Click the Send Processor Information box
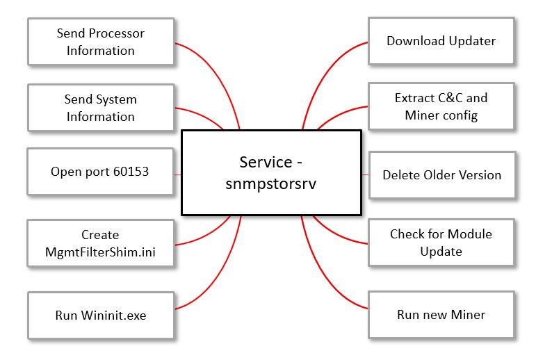pyautogui.click(x=101, y=42)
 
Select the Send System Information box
pyautogui.click(x=101, y=108)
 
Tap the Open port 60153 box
pyautogui.click(x=101, y=171)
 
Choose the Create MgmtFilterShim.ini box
pyautogui.click(x=101, y=243)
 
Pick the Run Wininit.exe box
pyautogui.click(x=101, y=315)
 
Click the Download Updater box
pyautogui.click(x=441, y=41)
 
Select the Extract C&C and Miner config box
pyautogui.click(x=441, y=107)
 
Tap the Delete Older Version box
pyautogui.click(x=441, y=174)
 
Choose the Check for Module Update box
pyautogui.click(x=441, y=243)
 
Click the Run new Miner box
pyautogui.click(x=441, y=315)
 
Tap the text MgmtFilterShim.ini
pyautogui.click(x=101, y=251)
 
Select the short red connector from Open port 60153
pyautogui.click(x=177, y=173)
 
